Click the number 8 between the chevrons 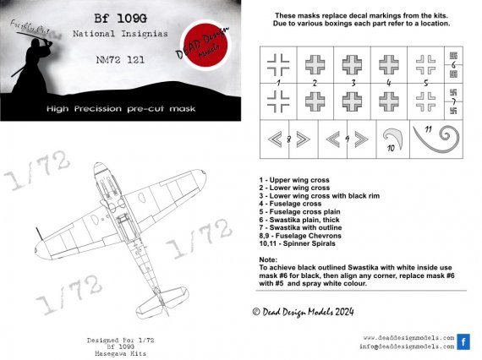click(x=289, y=139)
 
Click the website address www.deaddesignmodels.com click(x=404, y=336)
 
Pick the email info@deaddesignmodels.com click(x=404, y=346)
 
